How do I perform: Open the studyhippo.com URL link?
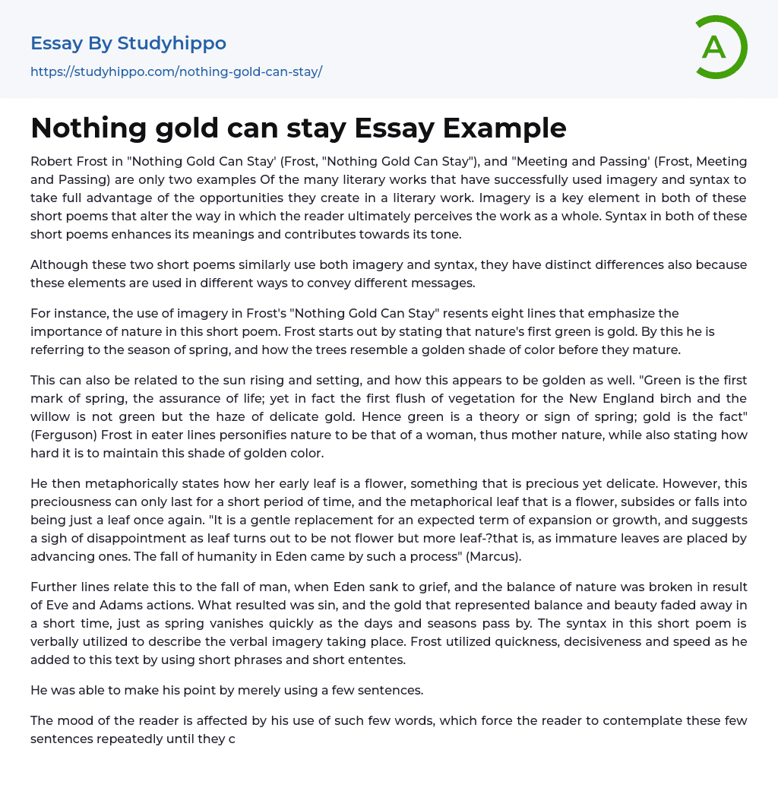click(176, 71)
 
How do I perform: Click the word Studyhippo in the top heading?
click(172, 43)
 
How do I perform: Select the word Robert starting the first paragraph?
click(52, 161)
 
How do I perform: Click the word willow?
click(52, 416)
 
